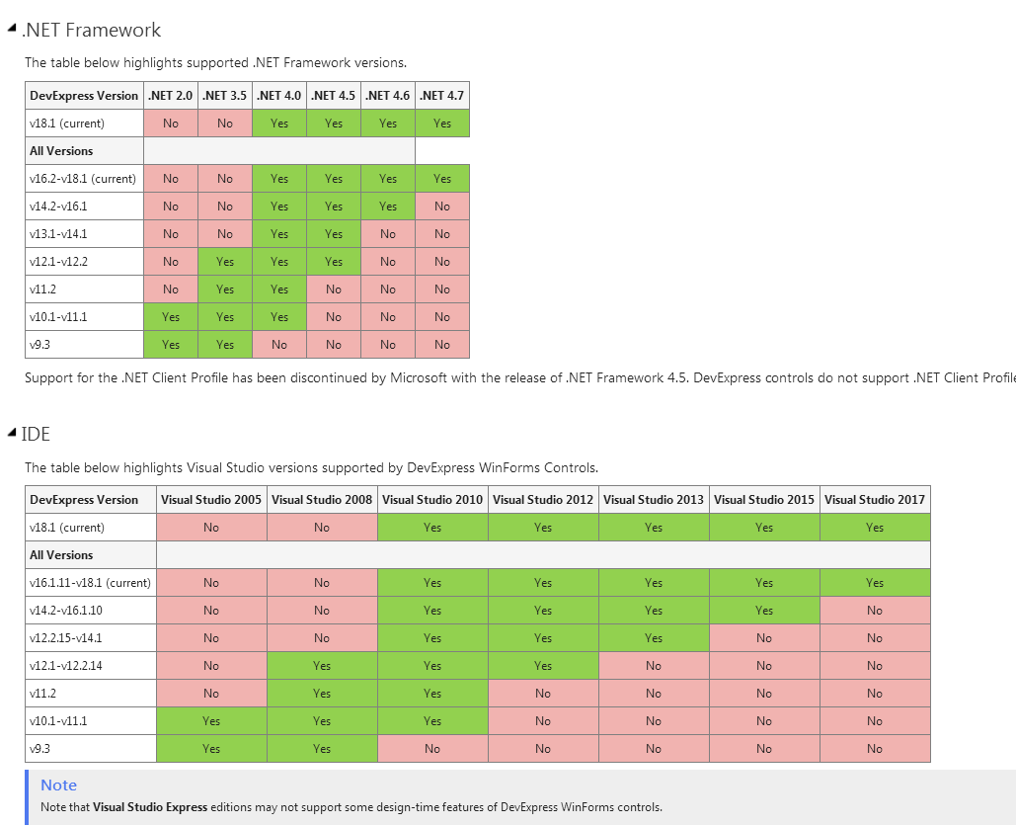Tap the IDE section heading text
tap(36, 434)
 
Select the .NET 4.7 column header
tap(441, 96)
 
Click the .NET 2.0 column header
tap(171, 96)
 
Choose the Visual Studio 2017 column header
tap(875, 500)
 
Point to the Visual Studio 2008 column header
tap(322, 500)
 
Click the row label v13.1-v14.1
tap(58, 234)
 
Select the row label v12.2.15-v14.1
tap(66, 638)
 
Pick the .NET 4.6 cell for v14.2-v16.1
tap(388, 206)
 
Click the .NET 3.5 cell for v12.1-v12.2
tap(225, 262)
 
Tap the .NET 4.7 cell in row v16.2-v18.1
tap(441, 179)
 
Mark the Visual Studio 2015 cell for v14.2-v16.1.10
tap(764, 611)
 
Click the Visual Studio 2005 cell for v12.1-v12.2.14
tap(211, 666)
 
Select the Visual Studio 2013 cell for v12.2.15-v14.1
tap(654, 638)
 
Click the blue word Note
tap(58, 785)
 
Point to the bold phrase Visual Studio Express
tap(150, 807)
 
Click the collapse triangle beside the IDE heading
tap(11, 433)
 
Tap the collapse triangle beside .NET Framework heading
tap(11, 30)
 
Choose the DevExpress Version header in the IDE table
tap(84, 500)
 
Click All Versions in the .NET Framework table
tap(61, 151)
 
